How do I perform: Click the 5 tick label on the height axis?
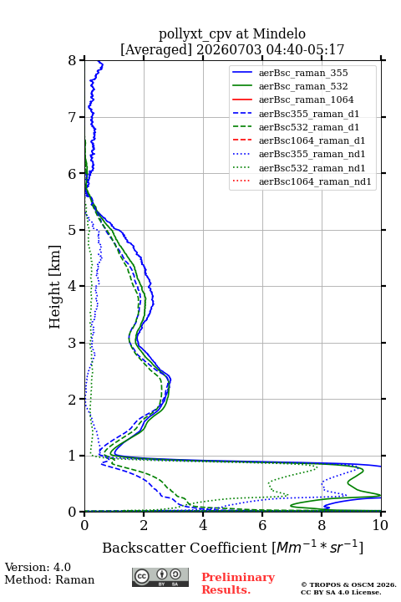point(73,230)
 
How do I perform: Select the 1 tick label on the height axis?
point(73,456)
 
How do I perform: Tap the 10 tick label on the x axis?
point(380,525)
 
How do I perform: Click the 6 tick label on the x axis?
point(262,525)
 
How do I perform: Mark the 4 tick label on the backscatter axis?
point(203,525)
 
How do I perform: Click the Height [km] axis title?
point(54,287)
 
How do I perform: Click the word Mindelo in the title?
point(279,33)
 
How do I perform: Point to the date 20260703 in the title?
point(229,49)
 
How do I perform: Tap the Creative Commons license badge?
point(160,577)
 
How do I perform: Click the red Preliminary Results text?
point(238,584)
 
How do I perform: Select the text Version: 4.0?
point(38,567)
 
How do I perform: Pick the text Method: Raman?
point(49,579)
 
